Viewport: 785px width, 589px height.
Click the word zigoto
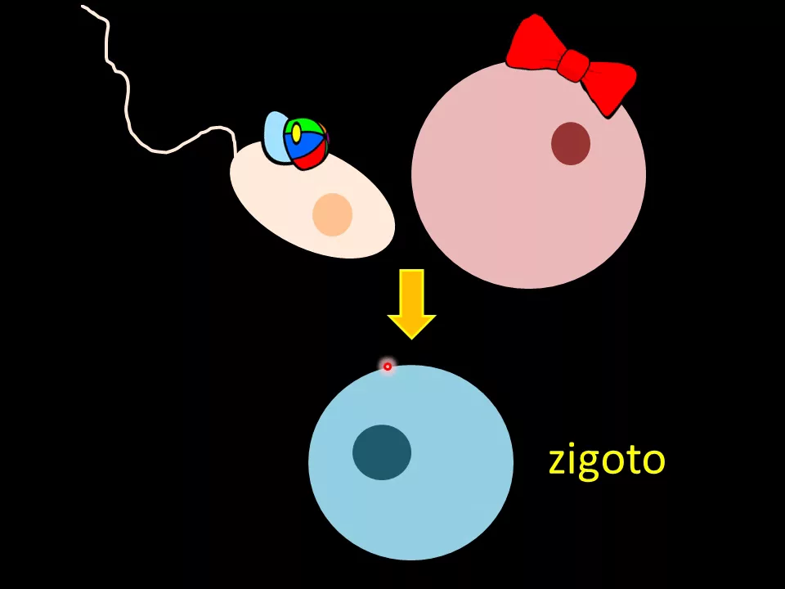(x=607, y=460)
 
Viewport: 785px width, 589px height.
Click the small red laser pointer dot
(x=388, y=366)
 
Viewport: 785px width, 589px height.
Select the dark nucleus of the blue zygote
(x=382, y=452)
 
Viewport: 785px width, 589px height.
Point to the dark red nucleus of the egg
(x=571, y=143)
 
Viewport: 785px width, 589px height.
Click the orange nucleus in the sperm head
(x=333, y=214)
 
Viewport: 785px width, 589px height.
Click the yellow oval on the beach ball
(x=296, y=133)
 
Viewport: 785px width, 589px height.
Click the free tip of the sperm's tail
(x=83, y=7)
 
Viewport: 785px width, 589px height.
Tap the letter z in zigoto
(x=557, y=461)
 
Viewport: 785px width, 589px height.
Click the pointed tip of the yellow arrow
(x=411, y=337)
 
